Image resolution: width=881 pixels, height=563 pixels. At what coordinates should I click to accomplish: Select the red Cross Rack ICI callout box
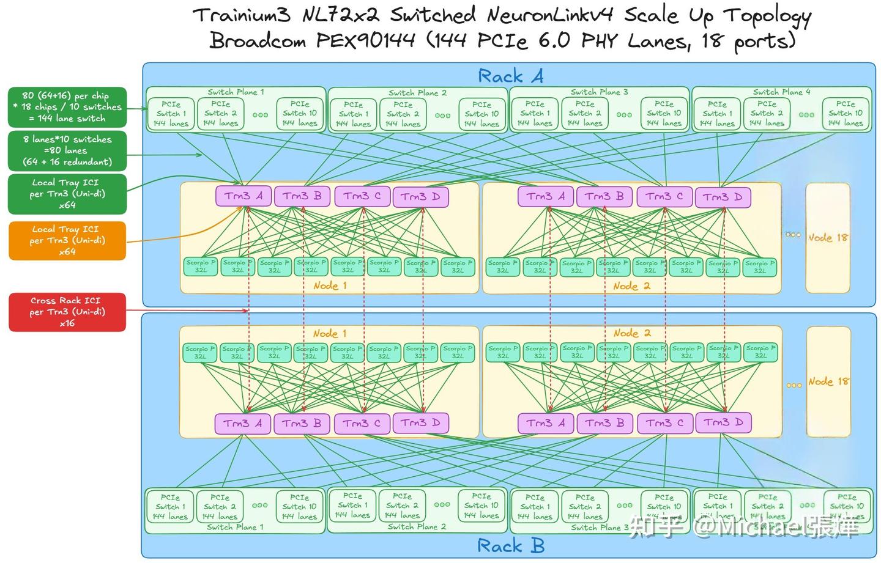[x=67, y=312]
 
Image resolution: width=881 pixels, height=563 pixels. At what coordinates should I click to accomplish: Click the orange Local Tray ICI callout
[x=67, y=240]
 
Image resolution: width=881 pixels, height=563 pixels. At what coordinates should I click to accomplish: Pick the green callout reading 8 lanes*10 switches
[x=67, y=150]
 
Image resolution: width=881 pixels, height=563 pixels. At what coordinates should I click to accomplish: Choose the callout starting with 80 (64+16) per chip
[x=67, y=107]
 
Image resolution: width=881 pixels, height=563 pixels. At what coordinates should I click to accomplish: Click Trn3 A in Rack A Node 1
[x=243, y=196]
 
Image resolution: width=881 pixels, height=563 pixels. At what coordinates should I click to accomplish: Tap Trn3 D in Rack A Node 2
[x=723, y=197]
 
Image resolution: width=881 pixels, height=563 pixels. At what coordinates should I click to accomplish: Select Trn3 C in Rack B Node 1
[x=362, y=423]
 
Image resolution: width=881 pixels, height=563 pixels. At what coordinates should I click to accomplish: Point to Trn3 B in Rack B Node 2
[x=604, y=423]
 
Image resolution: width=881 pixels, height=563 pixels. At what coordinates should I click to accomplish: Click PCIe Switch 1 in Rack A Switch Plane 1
[x=171, y=114]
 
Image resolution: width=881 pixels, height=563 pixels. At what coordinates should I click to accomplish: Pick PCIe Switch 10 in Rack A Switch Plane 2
[x=481, y=114]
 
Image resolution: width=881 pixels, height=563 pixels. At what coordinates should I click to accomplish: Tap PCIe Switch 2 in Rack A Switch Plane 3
[x=585, y=114]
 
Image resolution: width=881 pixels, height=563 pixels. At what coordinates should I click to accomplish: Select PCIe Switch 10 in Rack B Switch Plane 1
[x=299, y=507]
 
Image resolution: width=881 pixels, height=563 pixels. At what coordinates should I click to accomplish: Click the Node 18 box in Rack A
[x=828, y=237]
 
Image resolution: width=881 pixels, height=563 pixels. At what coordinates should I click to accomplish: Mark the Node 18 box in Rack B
[x=828, y=381]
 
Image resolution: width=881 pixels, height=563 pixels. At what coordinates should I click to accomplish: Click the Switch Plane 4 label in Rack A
[x=781, y=92]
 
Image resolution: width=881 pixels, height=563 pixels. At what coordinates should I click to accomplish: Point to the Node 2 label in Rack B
[x=632, y=333]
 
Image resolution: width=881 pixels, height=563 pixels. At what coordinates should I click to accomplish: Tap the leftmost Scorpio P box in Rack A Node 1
[x=201, y=267]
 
